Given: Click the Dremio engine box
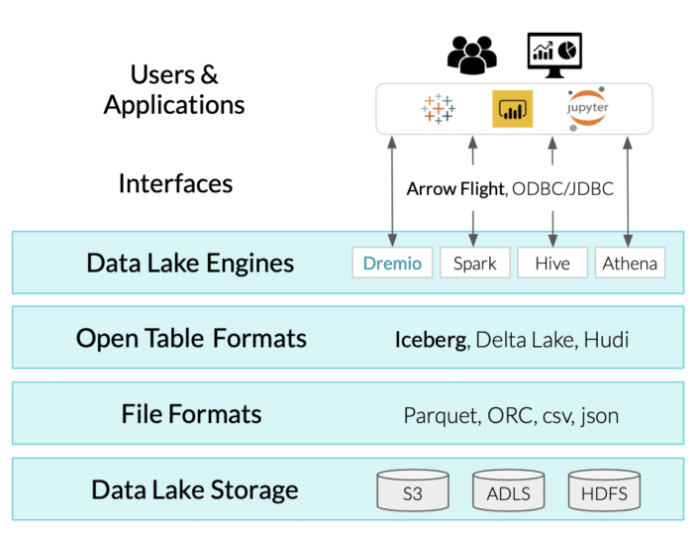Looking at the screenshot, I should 392,263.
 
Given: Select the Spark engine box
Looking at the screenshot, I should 473,263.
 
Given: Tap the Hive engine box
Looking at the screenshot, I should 552,263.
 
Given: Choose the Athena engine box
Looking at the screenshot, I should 630,263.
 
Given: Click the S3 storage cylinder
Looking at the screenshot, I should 413,491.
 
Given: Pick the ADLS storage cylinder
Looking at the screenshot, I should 508,491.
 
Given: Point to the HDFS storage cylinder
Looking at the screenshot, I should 603,491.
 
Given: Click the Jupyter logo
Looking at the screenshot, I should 588,108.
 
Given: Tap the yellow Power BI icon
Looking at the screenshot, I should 513,109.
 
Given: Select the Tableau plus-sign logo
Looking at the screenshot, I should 437,109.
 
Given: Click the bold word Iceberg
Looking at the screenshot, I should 431,339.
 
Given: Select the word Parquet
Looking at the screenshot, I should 440,415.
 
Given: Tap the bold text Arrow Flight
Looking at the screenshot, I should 454,188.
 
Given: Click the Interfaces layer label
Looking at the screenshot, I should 175,183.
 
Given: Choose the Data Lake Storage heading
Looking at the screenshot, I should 194,489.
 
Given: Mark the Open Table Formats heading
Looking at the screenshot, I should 191,338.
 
